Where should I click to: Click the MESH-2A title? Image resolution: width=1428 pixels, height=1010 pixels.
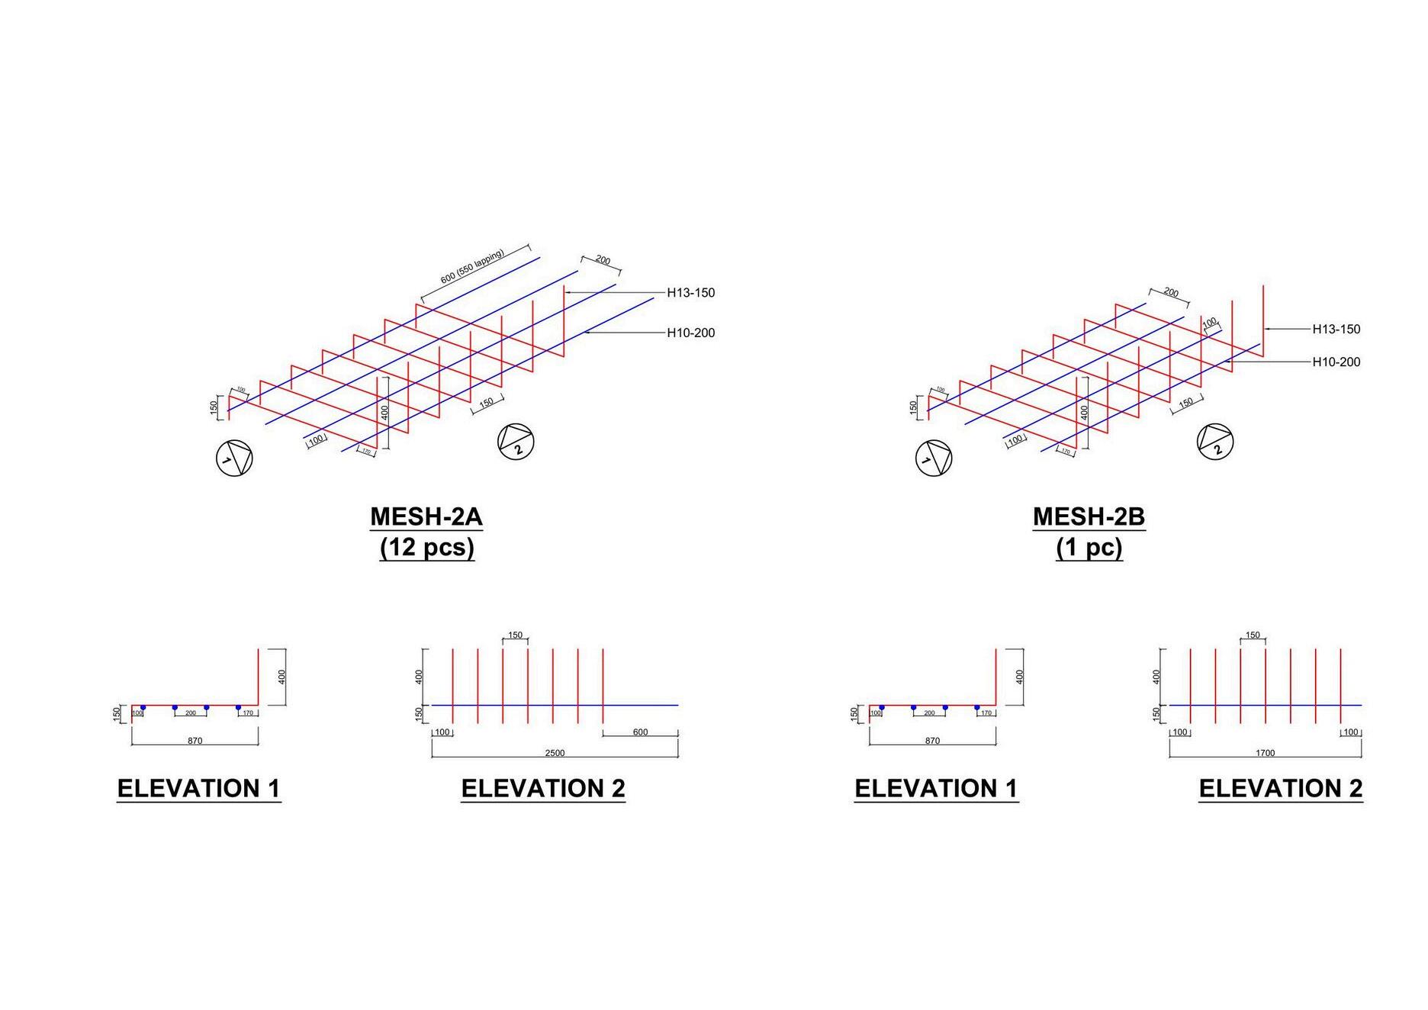pyautogui.click(x=426, y=517)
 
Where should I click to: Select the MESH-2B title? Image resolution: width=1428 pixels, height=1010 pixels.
pyautogui.click(x=1089, y=517)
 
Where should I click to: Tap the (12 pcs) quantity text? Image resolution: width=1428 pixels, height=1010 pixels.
pyautogui.click(x=427, y=548)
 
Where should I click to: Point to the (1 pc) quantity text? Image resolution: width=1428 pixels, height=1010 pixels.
pyautogui.click(x=1089, y=548)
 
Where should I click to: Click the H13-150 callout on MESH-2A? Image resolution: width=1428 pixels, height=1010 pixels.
pyautogui.click(x=690, y=293)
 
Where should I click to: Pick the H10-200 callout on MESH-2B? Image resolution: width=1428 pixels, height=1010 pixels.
pyautogui.click(x=1336, y=362)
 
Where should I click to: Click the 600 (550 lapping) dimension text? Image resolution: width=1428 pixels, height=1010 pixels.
pyautogui.click(x=472, y=266)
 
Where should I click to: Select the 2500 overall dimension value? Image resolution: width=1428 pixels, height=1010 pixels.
pyautogui.click(x=555, y=753)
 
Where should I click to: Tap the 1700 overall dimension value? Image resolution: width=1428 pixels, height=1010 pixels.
pyautogui.click(x=1265, y=753)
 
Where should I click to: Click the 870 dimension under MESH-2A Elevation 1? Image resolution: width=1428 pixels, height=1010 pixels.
pyautogui.click(x=195, y=741)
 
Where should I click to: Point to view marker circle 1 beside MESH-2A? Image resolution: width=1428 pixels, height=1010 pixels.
pyautogui.click(x=234, y=458)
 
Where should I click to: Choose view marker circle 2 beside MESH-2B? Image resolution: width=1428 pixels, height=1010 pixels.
pyautogui.click(x=1215, y=442)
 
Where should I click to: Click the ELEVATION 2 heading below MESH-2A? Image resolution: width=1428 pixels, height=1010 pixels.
pyautogui.click(x=543, y=789)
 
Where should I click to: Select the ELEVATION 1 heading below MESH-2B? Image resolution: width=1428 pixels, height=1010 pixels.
pyautogui.click(x=936, y=789)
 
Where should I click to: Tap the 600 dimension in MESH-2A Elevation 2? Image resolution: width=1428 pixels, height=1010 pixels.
pyautogui.click(x=640, y=732)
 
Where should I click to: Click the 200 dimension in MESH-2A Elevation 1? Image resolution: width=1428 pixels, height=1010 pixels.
pyautogui.click(x=191, y=713)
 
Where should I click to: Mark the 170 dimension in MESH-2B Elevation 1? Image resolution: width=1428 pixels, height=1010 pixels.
pyautogui.click(x=986, y=713)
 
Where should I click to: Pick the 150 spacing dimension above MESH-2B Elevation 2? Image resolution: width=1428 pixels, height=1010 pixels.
pyautogui.click(x=1253, y=635)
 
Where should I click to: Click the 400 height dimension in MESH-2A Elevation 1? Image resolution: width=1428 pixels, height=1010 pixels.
pyautogui.click(x=281, y=677)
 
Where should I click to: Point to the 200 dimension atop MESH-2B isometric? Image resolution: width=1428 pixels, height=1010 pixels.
pyautogui.click(x=1171, y=293)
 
